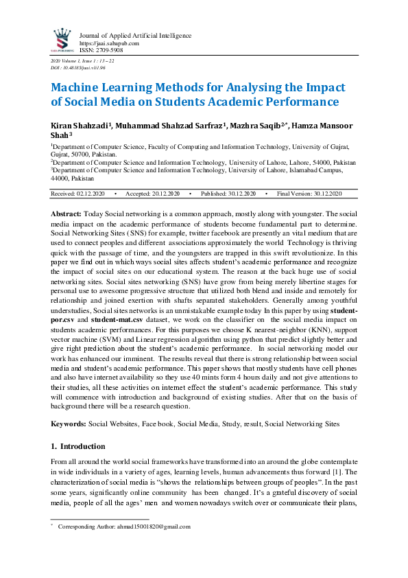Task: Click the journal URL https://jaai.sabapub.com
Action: point(110,43)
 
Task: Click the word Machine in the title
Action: point(79,89)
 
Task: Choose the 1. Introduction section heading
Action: point(78,446)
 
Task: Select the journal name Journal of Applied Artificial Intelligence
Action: point(136,36)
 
